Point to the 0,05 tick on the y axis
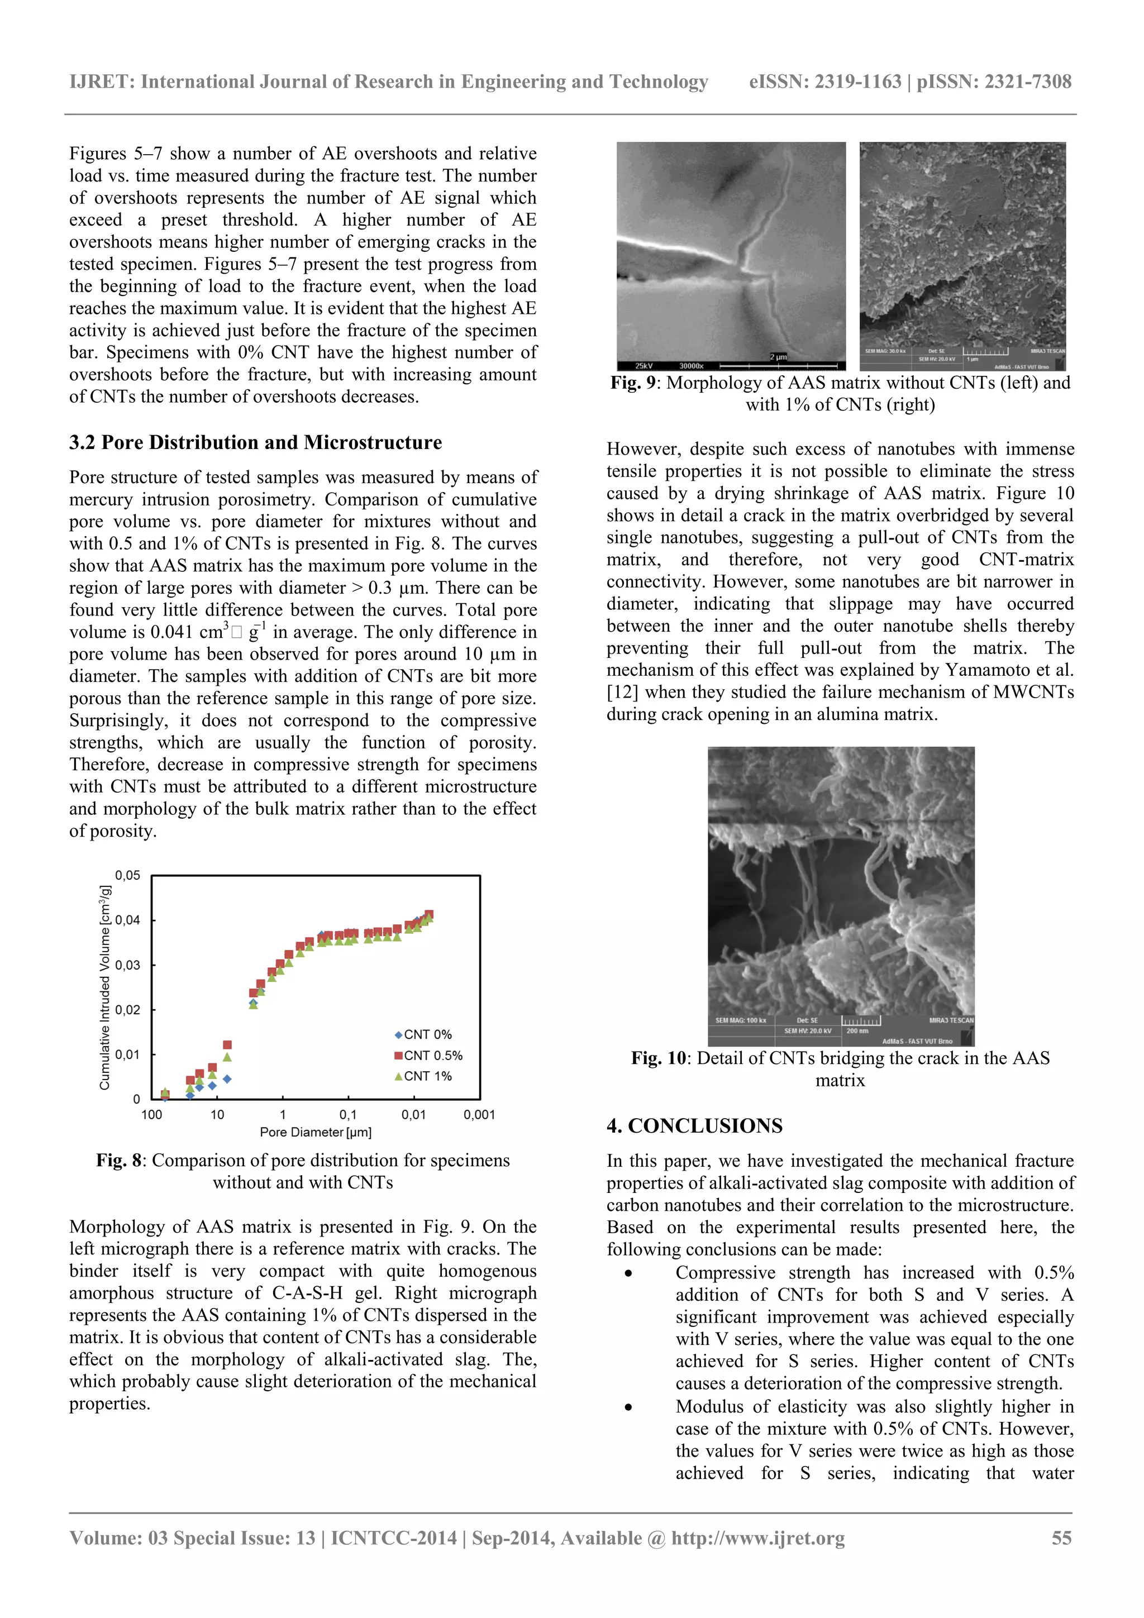(x=127, y=875)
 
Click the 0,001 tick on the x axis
(x=479, y=1115)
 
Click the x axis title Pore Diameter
(x=315, y=1133)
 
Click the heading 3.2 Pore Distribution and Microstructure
(x=255, y=442)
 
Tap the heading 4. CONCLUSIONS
(x=694, y=1125)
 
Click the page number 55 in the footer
(x=1061, y=1538)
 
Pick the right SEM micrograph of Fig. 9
(x=962, y=255)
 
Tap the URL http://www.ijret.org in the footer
(x=758, y=1538)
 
